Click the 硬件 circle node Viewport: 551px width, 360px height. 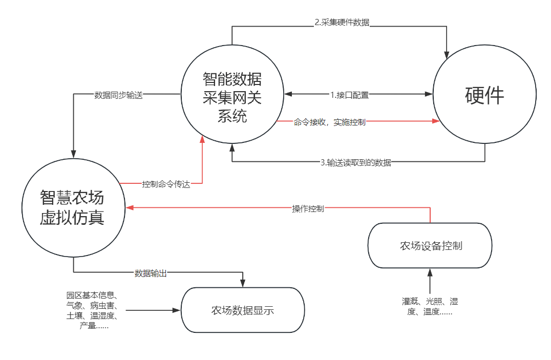pos(484,95)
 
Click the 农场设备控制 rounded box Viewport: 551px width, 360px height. pos(430,246)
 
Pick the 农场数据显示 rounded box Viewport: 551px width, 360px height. pos(242,310)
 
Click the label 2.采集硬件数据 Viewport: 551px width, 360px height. pos(342,23)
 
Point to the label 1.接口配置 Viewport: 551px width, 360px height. pos(349,95)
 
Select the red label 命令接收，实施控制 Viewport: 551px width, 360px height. pos(329,122)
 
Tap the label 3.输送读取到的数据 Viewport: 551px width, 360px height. pos(355,162)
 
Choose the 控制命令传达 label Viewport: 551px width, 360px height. pos(165,184)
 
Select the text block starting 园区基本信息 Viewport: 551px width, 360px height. pos(92,310)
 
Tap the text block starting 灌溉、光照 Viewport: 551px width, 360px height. pos(430,306)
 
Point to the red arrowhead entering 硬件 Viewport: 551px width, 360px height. pos(436,121)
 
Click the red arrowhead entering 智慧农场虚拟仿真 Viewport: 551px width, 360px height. pos(130,207)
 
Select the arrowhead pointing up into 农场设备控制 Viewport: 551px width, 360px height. pos(430,272)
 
